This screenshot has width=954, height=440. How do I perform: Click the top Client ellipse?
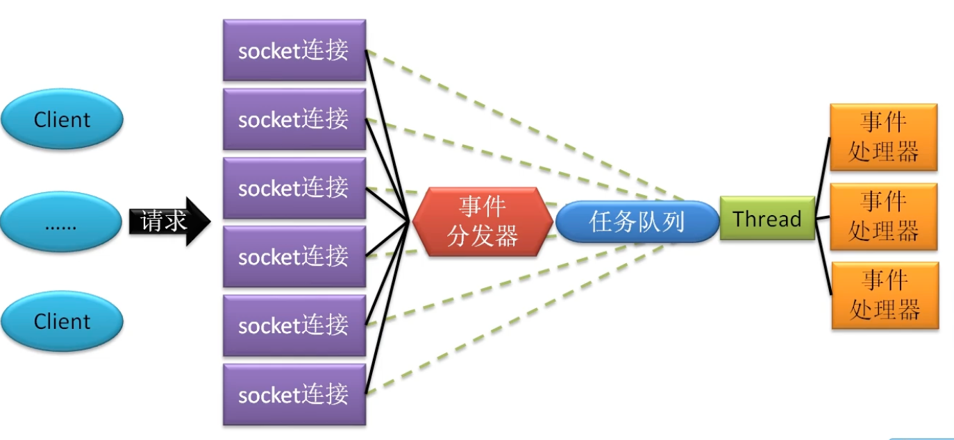[62, 119]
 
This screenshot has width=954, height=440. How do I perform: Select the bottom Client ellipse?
[62, 321]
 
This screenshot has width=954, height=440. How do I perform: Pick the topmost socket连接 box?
[294, 50]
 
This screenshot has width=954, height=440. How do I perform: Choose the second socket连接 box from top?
[294, 119]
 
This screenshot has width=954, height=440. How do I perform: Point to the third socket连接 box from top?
[294, 187]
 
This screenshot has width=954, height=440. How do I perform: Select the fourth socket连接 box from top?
[294, 256]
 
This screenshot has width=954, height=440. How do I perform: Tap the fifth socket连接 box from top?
[294, 325]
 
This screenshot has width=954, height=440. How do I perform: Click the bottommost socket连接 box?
[294, 394]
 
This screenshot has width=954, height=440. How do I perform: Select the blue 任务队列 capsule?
[637, 221]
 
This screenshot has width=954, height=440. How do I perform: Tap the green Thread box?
[767, 219]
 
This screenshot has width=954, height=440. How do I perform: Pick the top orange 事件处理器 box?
[884, 137]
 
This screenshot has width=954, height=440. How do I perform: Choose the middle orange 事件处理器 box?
[884, 216]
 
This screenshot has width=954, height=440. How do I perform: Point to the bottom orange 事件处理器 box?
[884, 295]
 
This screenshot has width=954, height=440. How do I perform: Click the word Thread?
[767, 219]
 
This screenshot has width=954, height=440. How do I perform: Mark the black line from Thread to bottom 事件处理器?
[823, 264]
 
